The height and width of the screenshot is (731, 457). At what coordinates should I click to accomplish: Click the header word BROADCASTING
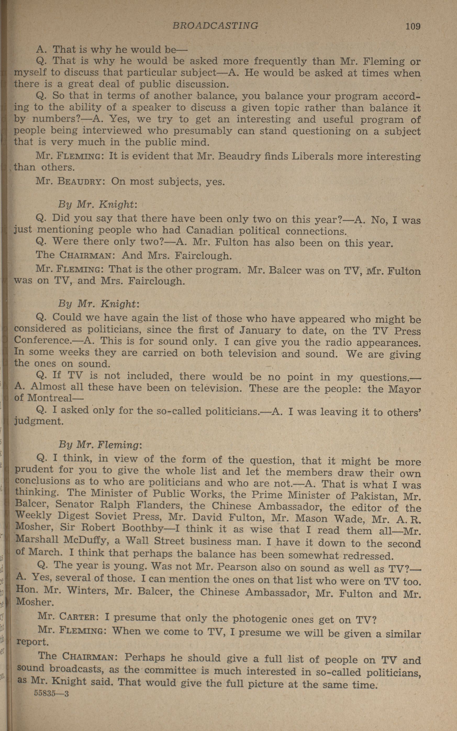click(215, 26)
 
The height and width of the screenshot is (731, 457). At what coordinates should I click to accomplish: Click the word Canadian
click(210, 230)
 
